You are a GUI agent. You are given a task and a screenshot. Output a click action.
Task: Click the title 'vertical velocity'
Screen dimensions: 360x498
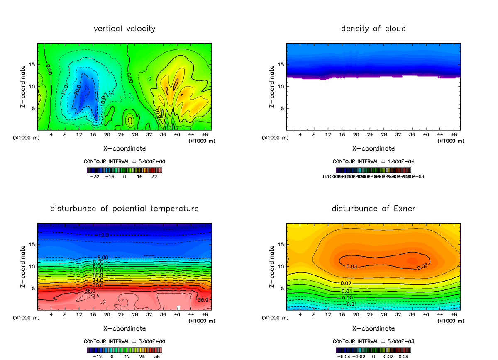pyautogui.click(x=124, y=29)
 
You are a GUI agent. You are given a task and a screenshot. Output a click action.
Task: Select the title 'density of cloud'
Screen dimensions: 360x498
pyautogui.click(x=373, y=29)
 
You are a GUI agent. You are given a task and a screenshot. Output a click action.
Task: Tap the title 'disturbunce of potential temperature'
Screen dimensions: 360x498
pyautogui.click(x=124, y=209)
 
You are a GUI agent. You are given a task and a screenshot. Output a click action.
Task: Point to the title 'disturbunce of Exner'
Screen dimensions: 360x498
pyautogui.click(x=373, y=209)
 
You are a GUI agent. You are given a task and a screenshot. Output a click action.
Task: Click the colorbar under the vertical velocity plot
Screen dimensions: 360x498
pyautogui.click(x=124, y=170)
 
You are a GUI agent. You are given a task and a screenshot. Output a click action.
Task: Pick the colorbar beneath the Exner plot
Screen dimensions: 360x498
pyautogui.click(x=373, y=350)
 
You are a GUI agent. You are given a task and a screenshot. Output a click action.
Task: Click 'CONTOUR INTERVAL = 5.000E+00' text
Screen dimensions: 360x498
pyautogui.click(x=124, y=161)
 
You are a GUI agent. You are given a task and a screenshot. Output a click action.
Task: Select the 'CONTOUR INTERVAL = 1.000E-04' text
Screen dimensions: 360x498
pyautogui.click(x=373, y=161)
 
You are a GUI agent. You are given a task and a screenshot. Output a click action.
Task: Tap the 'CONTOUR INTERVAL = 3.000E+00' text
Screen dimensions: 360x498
pyautogui.click(x=124, y=341)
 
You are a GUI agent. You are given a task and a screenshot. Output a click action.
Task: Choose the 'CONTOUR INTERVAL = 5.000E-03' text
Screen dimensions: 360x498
pyautogui.click(x=373, y=341)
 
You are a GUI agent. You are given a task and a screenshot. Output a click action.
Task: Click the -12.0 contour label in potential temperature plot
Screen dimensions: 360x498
pyautogui.click(x=103, y=235)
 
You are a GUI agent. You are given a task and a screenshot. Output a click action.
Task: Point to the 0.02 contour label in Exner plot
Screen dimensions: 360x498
pyautogui.click(x=346, y=283)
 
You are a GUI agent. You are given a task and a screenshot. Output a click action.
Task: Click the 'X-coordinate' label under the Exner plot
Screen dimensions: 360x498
pyautogui.click(x=373, y=328)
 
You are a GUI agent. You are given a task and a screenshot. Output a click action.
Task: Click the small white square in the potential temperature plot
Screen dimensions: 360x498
pyautogui.click(x=178, y=307)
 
